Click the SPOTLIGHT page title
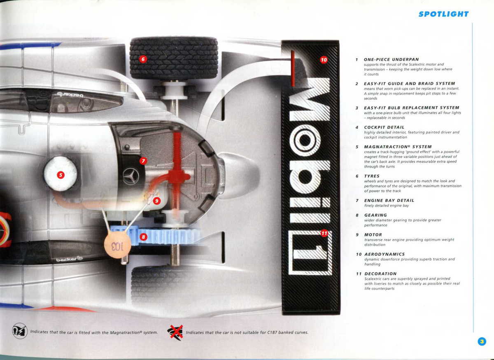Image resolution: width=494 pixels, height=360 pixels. [x=443, y=14]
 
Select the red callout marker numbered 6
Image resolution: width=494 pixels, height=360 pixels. [x=143, y=59]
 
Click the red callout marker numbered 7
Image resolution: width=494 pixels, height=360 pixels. [x=143, y=161]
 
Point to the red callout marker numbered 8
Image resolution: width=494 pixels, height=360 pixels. [x=143, y=237]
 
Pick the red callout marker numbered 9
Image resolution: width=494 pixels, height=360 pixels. [x=156, y=201]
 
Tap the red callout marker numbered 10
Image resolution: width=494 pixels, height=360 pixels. [x=324, y=60]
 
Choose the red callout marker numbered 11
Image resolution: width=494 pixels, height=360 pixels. [x=324, y=233]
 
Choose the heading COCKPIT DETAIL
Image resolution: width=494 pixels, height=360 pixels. [x=384, y=127]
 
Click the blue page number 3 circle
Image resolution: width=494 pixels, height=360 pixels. [x=482, y=341]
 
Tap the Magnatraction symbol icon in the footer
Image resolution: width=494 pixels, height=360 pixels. [x=20, y=331]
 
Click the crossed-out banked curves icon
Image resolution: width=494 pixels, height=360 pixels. [x=175, y=332]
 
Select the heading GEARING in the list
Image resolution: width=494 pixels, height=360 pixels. [x=375, y=215]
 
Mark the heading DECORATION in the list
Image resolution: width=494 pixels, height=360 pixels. [x=380, y=274]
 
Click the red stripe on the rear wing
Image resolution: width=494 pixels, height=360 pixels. [x=293, y=68]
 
